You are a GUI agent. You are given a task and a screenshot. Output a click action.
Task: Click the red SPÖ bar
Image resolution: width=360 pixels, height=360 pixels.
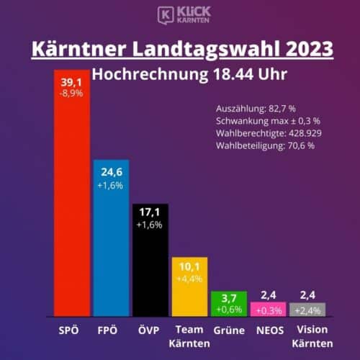72,193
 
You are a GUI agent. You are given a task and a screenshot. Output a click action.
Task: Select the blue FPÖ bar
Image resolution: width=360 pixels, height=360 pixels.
111,238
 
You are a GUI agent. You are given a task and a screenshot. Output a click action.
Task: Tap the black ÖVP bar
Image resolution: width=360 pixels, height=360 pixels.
150,261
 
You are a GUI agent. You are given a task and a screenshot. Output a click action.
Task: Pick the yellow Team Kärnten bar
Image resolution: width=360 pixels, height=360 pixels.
189,287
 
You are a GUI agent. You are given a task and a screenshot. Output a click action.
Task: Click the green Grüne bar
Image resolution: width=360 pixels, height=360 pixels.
229,304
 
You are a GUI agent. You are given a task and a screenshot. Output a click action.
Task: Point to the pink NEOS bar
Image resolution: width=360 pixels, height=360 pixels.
269,310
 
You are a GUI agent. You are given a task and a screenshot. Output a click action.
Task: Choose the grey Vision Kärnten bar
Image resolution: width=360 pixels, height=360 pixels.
307,310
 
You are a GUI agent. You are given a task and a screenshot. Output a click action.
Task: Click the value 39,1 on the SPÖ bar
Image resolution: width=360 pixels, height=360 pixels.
71,83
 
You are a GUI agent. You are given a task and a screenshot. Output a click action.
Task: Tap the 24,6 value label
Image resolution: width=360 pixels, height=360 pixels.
112,172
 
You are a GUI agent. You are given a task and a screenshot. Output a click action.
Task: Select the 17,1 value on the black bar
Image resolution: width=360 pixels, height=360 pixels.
150,212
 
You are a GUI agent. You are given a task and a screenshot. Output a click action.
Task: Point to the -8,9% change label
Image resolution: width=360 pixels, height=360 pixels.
71,93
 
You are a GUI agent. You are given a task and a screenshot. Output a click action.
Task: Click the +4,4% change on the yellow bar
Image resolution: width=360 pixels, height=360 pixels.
189,279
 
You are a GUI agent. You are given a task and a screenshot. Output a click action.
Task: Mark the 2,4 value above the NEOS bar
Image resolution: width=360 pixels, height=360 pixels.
269,295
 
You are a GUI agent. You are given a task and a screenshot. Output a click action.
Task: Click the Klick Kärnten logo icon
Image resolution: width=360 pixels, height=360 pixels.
166,15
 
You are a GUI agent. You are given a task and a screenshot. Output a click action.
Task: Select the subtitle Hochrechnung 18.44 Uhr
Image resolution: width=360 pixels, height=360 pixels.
189,74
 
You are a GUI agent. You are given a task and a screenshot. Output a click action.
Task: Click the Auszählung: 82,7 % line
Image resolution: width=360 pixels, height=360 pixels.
256,109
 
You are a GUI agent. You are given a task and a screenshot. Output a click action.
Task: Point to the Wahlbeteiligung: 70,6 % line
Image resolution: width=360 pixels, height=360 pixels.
265,145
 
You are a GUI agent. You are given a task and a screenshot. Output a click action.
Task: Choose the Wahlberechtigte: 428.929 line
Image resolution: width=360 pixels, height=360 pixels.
269,133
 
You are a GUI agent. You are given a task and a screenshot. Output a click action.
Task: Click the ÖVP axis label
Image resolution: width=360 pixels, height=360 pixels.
149,330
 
